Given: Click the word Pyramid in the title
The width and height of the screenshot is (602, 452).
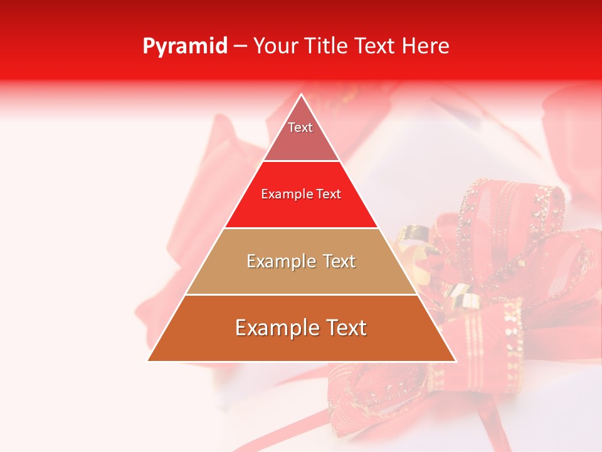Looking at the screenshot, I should (x=184, y=46).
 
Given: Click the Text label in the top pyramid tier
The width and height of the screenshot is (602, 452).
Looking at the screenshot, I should (x=300, y=127).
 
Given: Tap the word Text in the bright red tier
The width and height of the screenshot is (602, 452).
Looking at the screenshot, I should (x=329, y=195).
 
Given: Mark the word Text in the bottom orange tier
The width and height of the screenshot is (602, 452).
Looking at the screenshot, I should (x=344, y=328).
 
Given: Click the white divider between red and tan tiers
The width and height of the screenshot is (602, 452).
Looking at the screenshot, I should (x=302, y=228).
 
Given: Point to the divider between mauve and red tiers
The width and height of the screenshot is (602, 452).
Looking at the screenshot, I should (x=302, y=161).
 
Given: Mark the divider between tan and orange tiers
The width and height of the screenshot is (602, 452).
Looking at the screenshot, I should (x=302, y=294).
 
